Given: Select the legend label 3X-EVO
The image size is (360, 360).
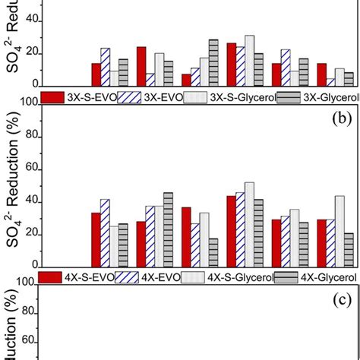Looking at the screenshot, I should point(163,96).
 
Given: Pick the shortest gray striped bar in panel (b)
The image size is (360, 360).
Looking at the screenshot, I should point(213,252).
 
